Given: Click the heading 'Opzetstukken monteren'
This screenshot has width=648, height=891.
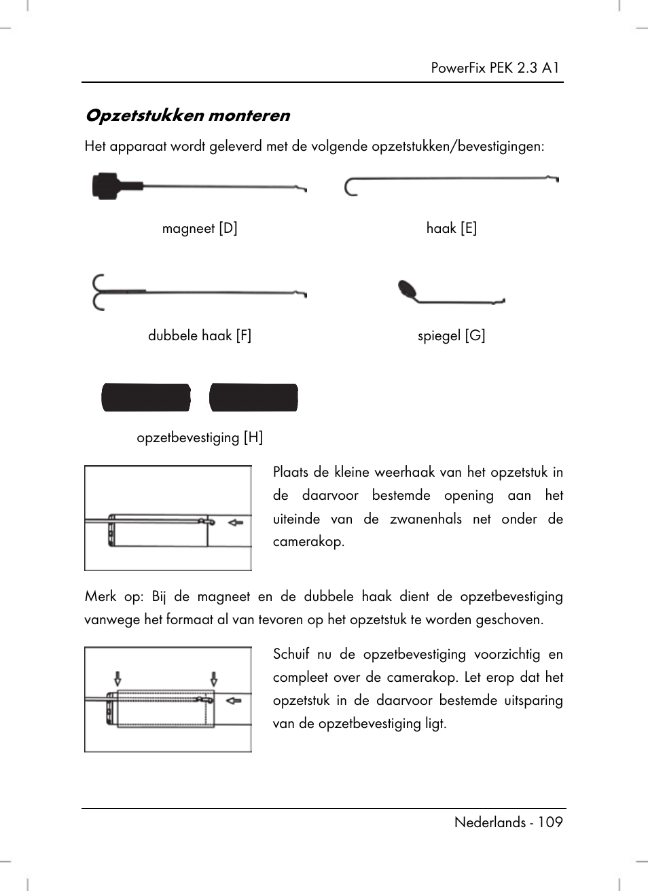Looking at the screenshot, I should pyautogui.click(x=187, y=115).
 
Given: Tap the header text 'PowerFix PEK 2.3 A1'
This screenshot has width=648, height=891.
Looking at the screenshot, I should pyautogui.click(x=495, y=67).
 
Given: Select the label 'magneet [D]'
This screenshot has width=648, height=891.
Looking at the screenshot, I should pyautogui.click(x=200, y=228).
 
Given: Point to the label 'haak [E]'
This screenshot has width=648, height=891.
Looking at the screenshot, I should pyautogui.click(x=452, y=228).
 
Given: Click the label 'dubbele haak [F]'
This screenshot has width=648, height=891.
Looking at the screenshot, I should pyautogui.click(x=200, y=335).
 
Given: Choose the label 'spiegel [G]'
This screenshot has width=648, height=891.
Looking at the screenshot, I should pyautogui.click(x=452, y=335).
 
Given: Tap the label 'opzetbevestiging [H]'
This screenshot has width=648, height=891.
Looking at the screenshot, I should pyautogui.click(x=200, y=437).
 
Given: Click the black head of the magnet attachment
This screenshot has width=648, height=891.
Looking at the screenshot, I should pyautogui.click(x=106, y=185).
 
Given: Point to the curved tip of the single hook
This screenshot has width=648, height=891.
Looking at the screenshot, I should pyautogui.click(x=350, y=187).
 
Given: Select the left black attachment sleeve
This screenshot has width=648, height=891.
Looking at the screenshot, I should pyautogui.click(x=146, y=398).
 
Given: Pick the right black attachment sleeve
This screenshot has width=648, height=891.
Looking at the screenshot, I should pyautogui.click(x=253, y=398).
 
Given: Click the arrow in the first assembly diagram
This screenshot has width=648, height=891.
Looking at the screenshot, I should pyautogui.click(x=236, y=522).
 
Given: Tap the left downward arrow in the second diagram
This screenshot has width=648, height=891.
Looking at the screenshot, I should pyautogui.click(x=118, y=678).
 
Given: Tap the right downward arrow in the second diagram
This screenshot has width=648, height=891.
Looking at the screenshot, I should pyautogui.click(x=214, y=678).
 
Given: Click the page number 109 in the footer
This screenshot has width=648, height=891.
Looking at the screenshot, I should pyautogui.click(x=550, y=822).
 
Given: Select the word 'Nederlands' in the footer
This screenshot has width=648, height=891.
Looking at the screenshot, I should pyautogui.click(x=490, y=822).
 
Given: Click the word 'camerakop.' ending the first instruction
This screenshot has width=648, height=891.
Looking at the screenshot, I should pyautogui.click(x=308, y=542).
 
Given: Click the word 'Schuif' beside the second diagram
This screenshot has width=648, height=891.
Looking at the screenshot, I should pyautogui.click(x=291, y=654).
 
